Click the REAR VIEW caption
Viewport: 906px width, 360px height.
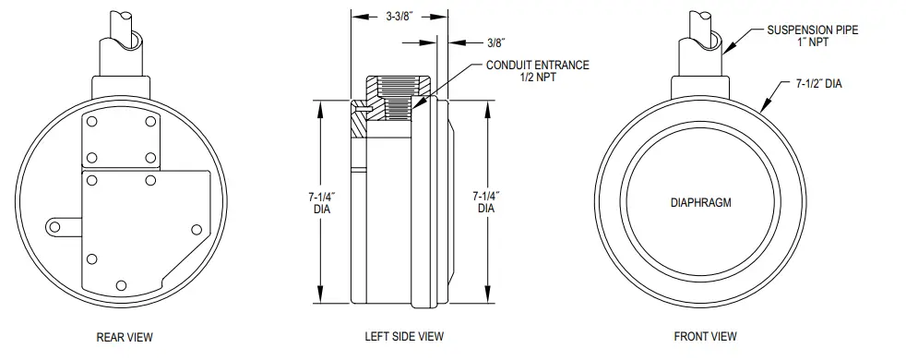(x=125, y=338)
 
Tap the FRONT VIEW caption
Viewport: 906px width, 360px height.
(x=706, y=338)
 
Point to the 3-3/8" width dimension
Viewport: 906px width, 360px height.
(x=399, y=16)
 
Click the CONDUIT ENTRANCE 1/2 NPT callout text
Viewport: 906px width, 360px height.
(x=538, y=72)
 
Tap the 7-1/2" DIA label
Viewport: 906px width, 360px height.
(x=817, y=84)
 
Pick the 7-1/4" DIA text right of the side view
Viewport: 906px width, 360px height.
(x=485, y=202)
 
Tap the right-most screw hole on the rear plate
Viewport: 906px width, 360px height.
(x=195, y=229)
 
